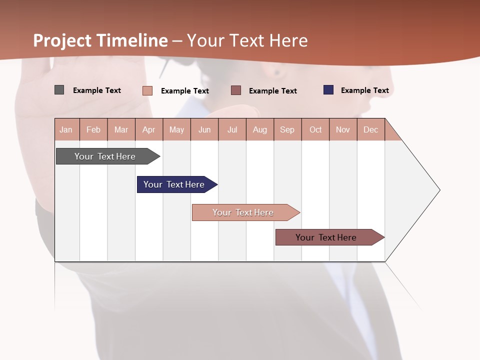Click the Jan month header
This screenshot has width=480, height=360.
(66, 129)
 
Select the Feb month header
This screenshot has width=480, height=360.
(93, 129)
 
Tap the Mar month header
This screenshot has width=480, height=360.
(121, 129)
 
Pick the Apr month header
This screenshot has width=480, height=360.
(149, 129)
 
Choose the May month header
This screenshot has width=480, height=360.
(176, 129)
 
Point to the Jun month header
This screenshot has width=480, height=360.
(204, 129)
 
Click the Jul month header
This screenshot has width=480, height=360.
(232, 129)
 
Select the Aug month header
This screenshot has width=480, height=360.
(260, 129)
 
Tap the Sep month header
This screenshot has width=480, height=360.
(287, 129)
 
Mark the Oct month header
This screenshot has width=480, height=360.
(315, 129)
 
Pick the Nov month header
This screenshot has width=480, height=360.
(343, 129)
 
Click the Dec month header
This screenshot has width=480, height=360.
(371, 129)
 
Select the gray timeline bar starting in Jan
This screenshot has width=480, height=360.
(105, 156)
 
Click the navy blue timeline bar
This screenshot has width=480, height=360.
(174, 184)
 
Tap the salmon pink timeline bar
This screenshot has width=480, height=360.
(243, 212)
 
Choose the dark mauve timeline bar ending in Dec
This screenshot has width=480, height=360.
(326, 237)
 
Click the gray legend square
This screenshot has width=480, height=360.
(59, 90)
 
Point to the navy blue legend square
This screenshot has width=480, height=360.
(328, 90)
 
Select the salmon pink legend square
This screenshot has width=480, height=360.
(147, 90)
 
